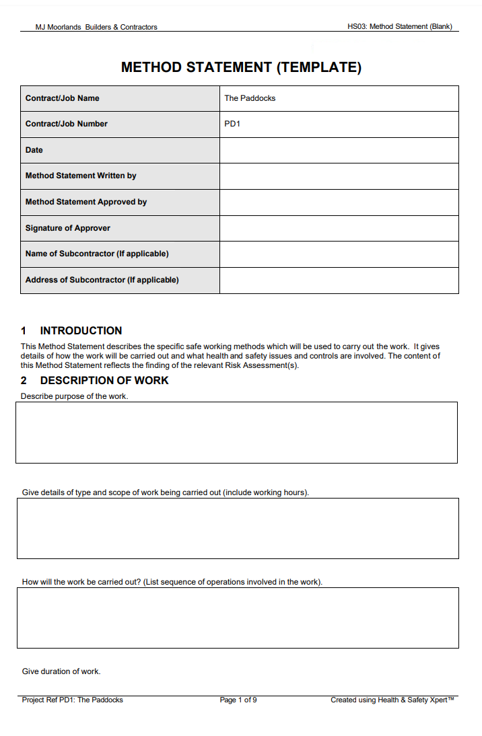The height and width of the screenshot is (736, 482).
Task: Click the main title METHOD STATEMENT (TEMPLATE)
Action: (x=241, y=67)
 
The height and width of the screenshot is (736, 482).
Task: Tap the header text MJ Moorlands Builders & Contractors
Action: (x=96, y=27)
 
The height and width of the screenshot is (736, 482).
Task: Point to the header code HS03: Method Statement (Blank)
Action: (x=399, y=27)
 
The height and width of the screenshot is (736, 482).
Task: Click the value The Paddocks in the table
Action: (x=250, y=98)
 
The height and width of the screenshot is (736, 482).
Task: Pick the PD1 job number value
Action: (x=232, y=124)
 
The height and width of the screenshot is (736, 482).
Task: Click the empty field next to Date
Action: (x=339, y=150)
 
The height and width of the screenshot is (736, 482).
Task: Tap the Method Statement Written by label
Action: (x=81, y=176)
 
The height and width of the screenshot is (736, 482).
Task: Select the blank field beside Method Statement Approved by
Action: (x=339, y=202)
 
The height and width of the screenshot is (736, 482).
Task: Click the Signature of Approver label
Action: (x=68, y=228)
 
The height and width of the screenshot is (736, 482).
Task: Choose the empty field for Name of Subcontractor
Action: (x=339, y=254)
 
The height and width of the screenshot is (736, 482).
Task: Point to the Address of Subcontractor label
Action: (x=102, y=280)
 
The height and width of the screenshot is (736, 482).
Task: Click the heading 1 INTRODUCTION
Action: (x=71, y=330)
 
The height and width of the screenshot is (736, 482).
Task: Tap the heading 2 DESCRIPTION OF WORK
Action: (x=94, y=380)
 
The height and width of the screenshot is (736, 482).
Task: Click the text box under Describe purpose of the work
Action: (x=236, y=433)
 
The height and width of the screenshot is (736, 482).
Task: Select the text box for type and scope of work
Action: (x=238, y=528)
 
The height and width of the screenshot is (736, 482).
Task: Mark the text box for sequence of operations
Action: (x=238, y=618)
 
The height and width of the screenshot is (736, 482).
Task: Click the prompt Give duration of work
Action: (x=61, y=671)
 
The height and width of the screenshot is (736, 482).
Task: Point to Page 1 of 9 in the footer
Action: (x=238, y=700)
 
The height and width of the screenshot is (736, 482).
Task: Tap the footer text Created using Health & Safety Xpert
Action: (x=392, y=700)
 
